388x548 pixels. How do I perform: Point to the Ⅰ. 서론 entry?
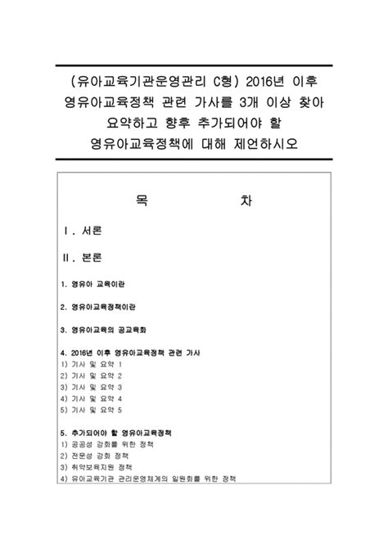tap(83, 231)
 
